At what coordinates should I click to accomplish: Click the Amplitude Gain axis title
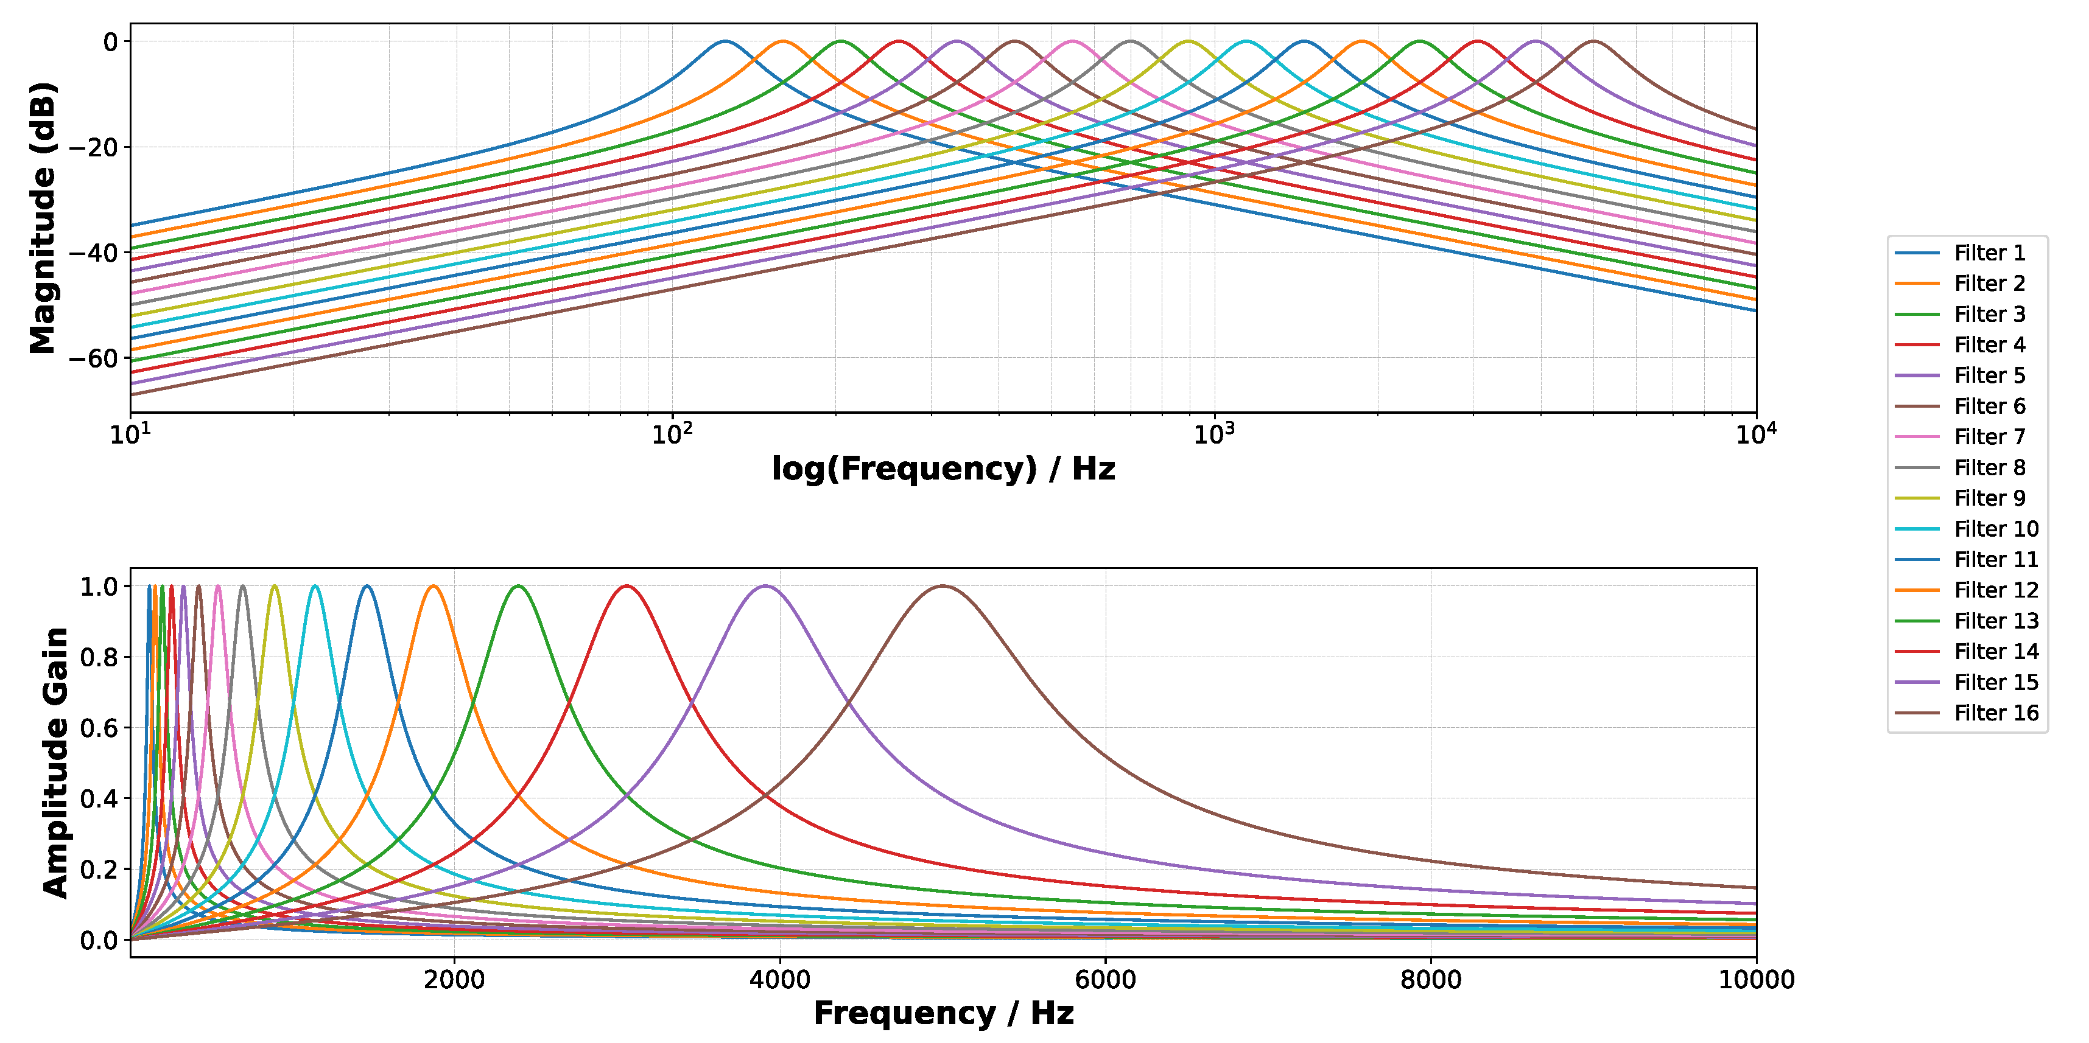(x=55, y=762)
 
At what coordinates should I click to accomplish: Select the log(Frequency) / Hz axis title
(x=943, y=469)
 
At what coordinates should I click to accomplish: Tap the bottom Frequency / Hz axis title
(x=943, y=1013)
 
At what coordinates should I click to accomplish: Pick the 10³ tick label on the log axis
(x=1213, y=434)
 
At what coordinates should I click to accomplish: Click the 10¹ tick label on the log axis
(x=130, y=434)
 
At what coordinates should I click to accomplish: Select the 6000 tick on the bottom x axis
(x=1104, y=979)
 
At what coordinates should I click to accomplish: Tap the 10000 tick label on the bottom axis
(x=1756, y=979)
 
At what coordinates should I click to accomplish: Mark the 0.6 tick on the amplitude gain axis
(x=98, y=728)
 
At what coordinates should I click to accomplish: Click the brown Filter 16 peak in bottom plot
(x=943, y=586)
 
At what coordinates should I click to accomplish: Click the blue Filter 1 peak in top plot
(x=725, y=41)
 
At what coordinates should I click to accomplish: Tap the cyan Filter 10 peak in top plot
(x=1246, y=41)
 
